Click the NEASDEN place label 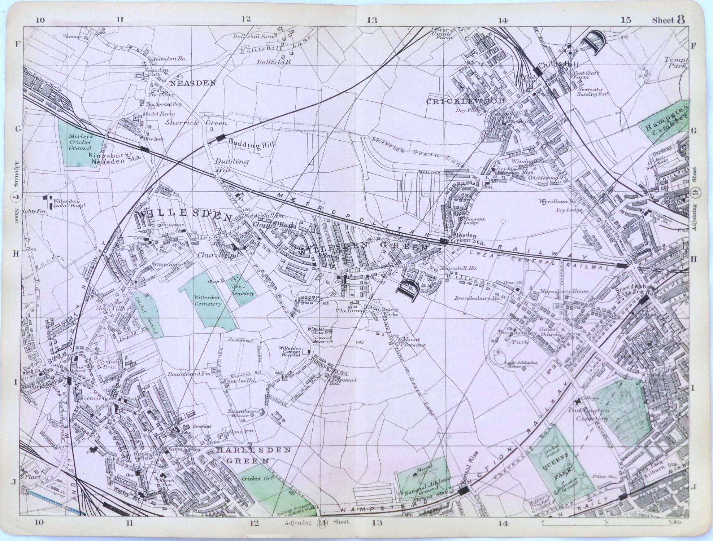point(193,83)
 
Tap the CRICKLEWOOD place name point(466,101)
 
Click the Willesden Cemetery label point(207,301)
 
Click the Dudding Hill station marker point(221,137)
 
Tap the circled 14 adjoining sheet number point(322,522)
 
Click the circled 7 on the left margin point(16,197)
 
